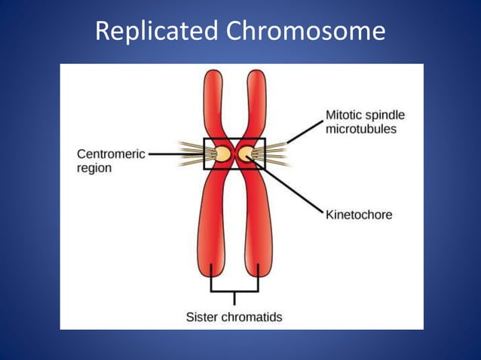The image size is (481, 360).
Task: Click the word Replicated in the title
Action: pos(154,32)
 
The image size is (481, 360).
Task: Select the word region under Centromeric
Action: pos(93,168)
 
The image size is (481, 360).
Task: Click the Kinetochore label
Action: pos(358,215)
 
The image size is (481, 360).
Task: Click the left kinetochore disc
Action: pos(223,154)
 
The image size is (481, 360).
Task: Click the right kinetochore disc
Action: pos(246,154)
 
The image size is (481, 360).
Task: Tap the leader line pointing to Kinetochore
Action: pos(294,189)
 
